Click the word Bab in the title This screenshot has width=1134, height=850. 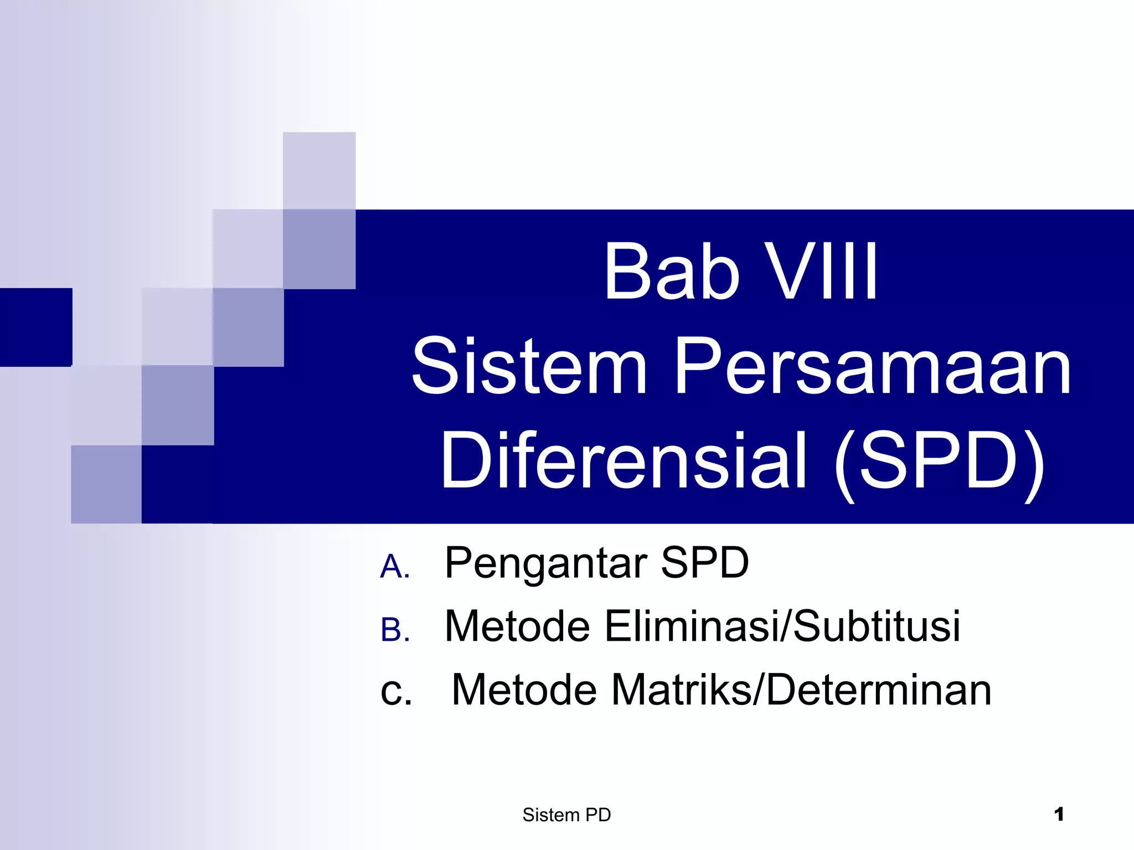point(671,272)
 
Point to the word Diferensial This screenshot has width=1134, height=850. point(623,460)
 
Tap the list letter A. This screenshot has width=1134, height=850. point(395,567)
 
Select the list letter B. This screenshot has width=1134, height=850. point(395,631)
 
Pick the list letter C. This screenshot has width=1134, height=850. point(396,692)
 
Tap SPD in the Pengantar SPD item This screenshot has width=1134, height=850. point(704,563)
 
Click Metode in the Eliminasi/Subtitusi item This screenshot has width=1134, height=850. point(517,626)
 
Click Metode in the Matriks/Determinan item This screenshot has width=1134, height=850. point(524,690)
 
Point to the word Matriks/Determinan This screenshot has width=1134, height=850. point(801,690)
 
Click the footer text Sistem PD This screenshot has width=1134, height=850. point(566,815)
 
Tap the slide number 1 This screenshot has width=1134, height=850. point(1059,814)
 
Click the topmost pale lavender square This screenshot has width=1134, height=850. point(319,170)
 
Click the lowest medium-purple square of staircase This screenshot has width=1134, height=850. point(106,484)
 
